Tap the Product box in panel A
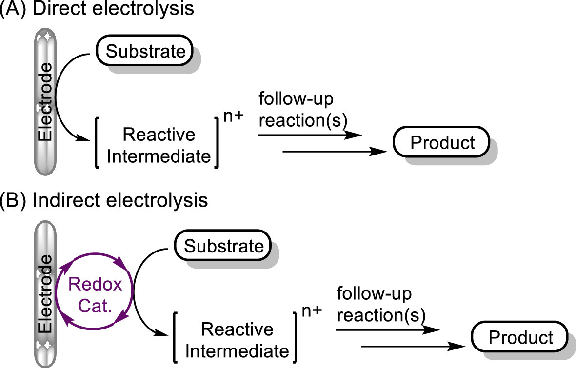pyautogui.click(x=442, y=142)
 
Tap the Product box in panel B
pyautogui.click(x=520, y=337)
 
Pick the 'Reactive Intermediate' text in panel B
pyautogui.click(x=238, y=340)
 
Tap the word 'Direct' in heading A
pyautogui.click(x=57, y=9)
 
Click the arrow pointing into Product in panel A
pyautogui.click(x=337, y=152)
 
